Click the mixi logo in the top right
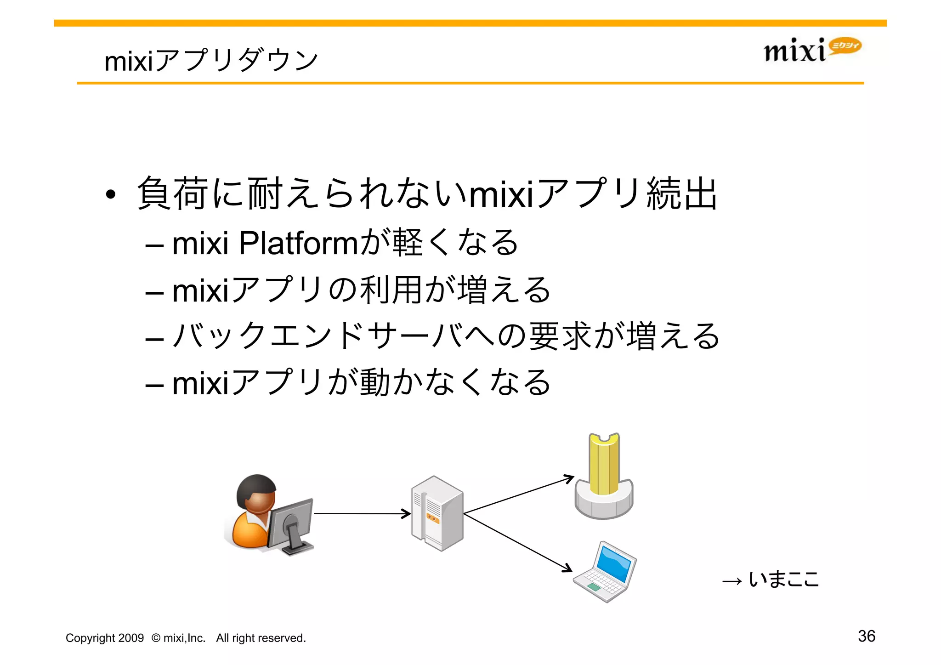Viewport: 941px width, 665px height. pos(811,50)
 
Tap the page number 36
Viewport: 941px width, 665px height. pos(866,636)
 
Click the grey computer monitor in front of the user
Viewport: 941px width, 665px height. pos(290,524)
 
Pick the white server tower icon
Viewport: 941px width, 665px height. pos(437,513)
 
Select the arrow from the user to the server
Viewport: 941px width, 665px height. pos(362,513)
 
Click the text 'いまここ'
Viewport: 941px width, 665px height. pos(784,579)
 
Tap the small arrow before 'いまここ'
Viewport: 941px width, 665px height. pos(732,581)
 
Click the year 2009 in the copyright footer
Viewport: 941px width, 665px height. pos(131,638)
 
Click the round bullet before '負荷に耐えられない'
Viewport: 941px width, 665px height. pos(110,195)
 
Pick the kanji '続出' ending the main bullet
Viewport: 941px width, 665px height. pos(681,194)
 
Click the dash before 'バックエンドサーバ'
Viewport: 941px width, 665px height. pos(154,339)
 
